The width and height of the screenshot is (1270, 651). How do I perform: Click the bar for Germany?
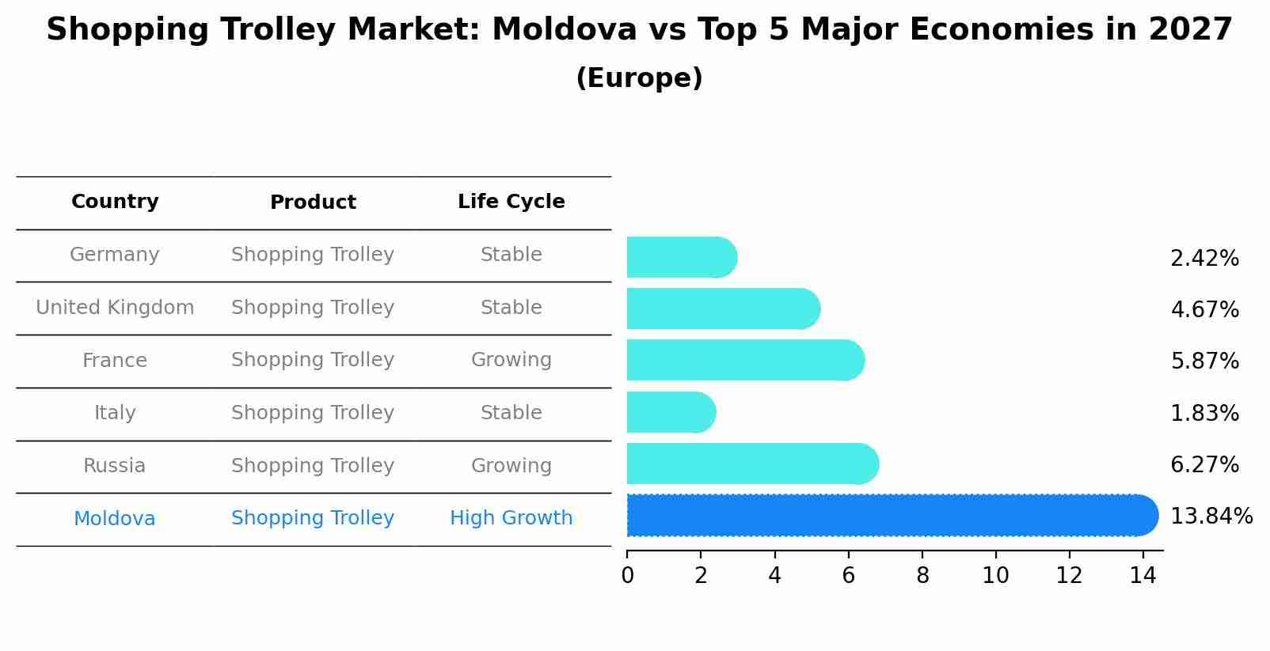(681, 258)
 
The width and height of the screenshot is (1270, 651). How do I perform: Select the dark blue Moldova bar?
(892, 516)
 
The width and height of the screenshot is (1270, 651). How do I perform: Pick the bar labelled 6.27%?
(752, 464)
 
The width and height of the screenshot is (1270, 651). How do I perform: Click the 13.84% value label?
(1211, 517)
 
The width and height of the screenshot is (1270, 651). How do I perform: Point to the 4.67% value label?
(1204, 309)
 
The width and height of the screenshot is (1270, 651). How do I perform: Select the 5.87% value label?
(1204, 361)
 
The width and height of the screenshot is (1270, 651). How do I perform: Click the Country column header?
(115, 202)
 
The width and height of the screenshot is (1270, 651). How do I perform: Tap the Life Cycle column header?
(511, 202)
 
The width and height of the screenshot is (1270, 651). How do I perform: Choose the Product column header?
(313, 202)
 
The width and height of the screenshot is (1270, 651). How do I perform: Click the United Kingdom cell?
(115, 308)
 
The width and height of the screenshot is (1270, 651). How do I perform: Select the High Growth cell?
(511, 518)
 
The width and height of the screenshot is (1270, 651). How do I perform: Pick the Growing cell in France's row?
(511, 360)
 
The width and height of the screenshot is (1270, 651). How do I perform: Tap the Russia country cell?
(115, 466)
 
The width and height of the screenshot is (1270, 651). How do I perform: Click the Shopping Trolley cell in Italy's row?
(313, 413)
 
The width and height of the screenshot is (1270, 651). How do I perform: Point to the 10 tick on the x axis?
(995, 576)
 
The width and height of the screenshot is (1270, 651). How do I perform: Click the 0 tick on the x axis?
(627, 576)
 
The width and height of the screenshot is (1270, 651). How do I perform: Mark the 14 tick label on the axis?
(1143, 576)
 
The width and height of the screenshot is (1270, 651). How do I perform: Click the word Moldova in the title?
(565, 30)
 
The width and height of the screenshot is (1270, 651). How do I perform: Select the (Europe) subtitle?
(639, 78)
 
